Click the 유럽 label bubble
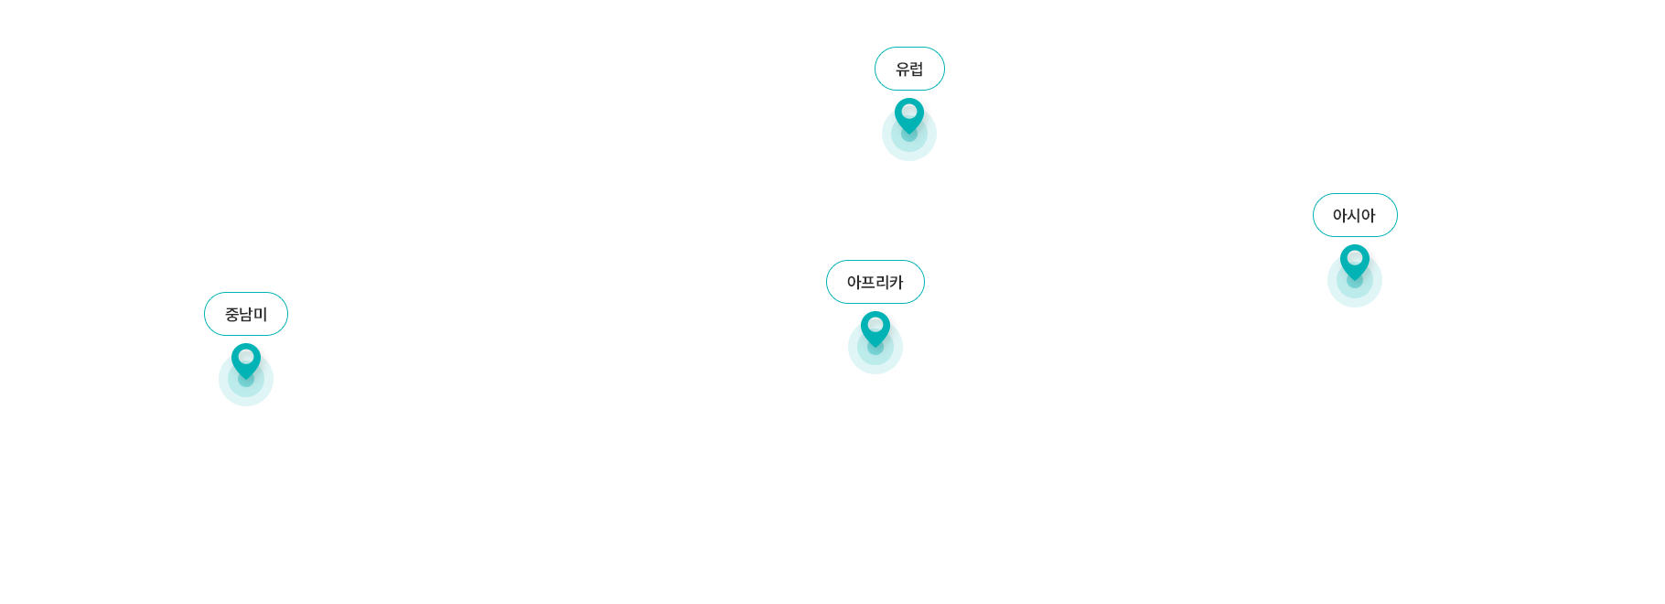909,69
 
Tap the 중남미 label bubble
245,314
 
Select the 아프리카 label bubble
875,282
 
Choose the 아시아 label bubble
1354,215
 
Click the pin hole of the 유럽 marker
909,112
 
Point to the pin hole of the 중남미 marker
245,357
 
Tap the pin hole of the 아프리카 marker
875,325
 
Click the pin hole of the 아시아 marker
1355,258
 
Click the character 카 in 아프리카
897,282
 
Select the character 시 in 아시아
1354,215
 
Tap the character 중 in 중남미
231,314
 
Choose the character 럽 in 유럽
917,69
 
